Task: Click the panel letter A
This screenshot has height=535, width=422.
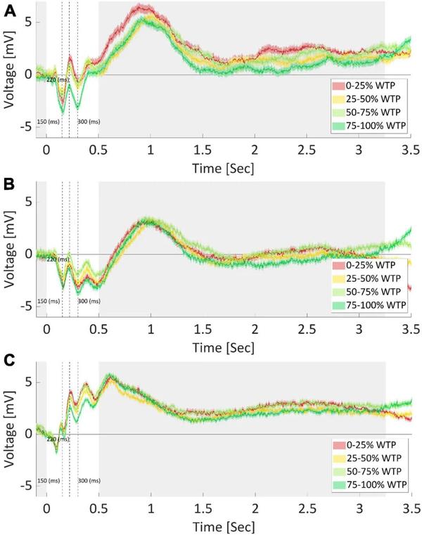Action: point(9,11)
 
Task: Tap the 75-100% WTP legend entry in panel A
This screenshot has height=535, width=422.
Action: point(370,126)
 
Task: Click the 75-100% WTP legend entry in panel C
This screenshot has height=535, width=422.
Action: point(370,486)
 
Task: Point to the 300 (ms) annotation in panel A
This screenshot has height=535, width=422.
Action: point(89,122)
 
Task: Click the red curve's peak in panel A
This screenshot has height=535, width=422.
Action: point(143,7)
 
